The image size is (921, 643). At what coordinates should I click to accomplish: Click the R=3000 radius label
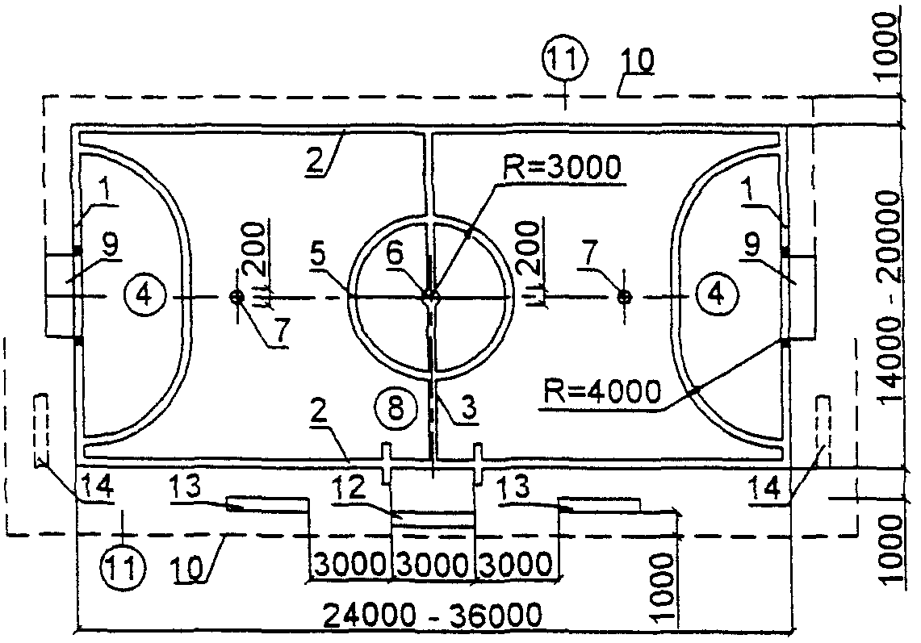tap(562, 168)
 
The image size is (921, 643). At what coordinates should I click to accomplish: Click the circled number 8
tap(396, 407)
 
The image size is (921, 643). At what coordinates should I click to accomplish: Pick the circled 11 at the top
tap(565, 60)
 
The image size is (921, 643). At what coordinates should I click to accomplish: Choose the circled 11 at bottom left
tap(123, 569)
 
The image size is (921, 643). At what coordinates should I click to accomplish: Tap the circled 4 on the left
tap(144, 294)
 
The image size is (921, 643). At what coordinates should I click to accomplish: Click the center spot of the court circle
tap(430, 297)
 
